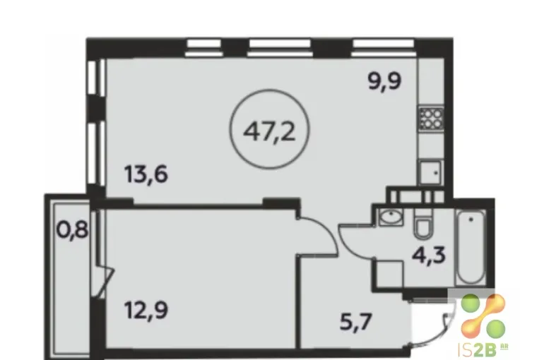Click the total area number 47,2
269,132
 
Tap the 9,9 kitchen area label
384,81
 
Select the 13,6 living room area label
146,174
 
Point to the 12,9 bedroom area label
146,310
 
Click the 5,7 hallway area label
356,322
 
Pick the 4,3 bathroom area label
429,256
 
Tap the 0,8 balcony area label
72,229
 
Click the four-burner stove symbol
431,119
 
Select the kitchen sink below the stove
431,172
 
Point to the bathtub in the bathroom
471,248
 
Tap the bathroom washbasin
391,217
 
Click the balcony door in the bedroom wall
102,277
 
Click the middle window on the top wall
280,48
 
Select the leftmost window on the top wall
203,48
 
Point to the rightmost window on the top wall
383,48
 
